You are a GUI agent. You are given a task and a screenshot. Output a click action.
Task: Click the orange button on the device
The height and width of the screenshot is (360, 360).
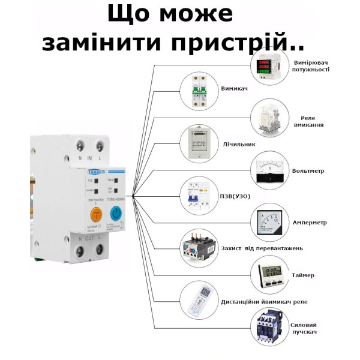click(95, 214)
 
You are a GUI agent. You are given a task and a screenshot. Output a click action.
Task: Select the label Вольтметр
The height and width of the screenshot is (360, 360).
click(308, 171)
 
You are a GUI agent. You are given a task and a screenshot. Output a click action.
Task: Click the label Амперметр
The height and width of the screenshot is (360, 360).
click(310, 223)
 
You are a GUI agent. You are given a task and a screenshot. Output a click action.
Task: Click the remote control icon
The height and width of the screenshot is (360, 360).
click(199, 301)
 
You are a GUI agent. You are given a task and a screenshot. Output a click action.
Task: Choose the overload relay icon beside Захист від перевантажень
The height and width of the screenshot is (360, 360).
click(199, 248)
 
